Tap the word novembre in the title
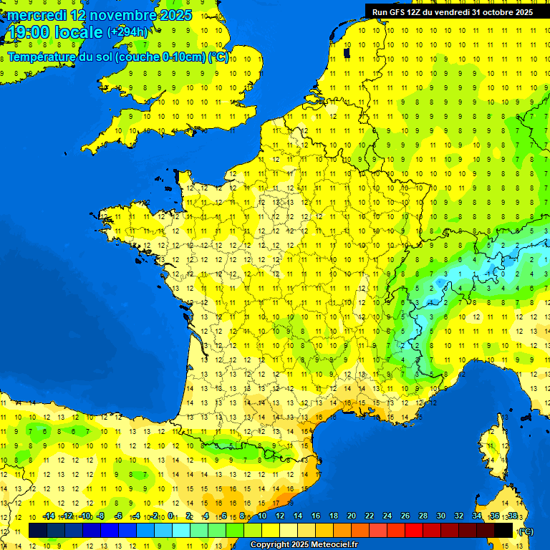point(123,15)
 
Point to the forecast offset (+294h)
point(127,32)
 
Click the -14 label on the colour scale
point(49,516)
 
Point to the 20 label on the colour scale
point(352,516)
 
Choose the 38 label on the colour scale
point(512,516)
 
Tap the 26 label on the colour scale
point(405,516)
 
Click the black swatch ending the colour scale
point(504,530)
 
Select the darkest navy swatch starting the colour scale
point(38,530)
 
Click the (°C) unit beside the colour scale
point(526,531)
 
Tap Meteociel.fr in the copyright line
point(334,545)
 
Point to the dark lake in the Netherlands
point(347,52)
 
